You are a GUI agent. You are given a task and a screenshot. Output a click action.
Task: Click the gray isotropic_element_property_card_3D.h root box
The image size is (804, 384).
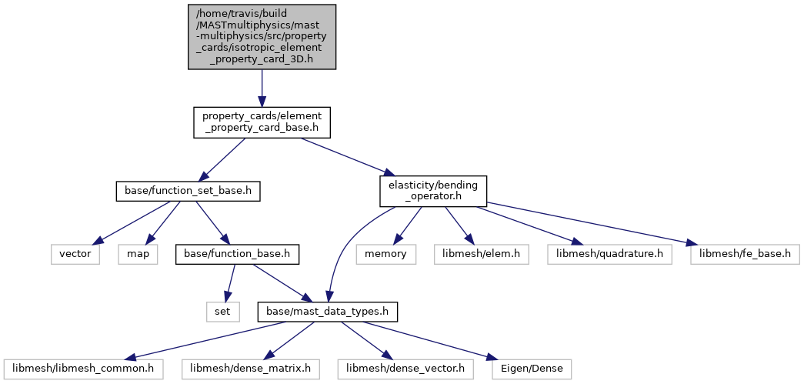[262, 37]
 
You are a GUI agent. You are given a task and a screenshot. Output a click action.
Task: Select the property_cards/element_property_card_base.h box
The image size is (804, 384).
[262, 122]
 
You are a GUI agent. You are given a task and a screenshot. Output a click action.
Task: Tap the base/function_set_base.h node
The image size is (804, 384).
[188, 192]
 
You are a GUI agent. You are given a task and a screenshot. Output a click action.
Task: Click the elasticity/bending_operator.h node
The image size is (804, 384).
[432, 192]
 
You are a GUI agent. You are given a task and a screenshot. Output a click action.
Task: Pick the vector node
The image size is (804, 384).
[75, 255]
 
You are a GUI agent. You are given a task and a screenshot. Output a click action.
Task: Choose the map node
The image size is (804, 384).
[138, 255]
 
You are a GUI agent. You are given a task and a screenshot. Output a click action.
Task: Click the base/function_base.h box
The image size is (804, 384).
[237, 255]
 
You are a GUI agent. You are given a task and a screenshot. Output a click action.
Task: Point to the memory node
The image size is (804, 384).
[386, 255]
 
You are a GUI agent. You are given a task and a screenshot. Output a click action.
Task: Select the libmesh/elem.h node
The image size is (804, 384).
[481, 255]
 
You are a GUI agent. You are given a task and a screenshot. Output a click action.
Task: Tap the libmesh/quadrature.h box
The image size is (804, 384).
[609, 255]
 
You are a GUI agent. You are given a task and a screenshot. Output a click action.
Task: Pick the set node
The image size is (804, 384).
[223, 312]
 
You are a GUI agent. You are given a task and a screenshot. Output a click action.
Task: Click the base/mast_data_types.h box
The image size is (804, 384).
[328, 312]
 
